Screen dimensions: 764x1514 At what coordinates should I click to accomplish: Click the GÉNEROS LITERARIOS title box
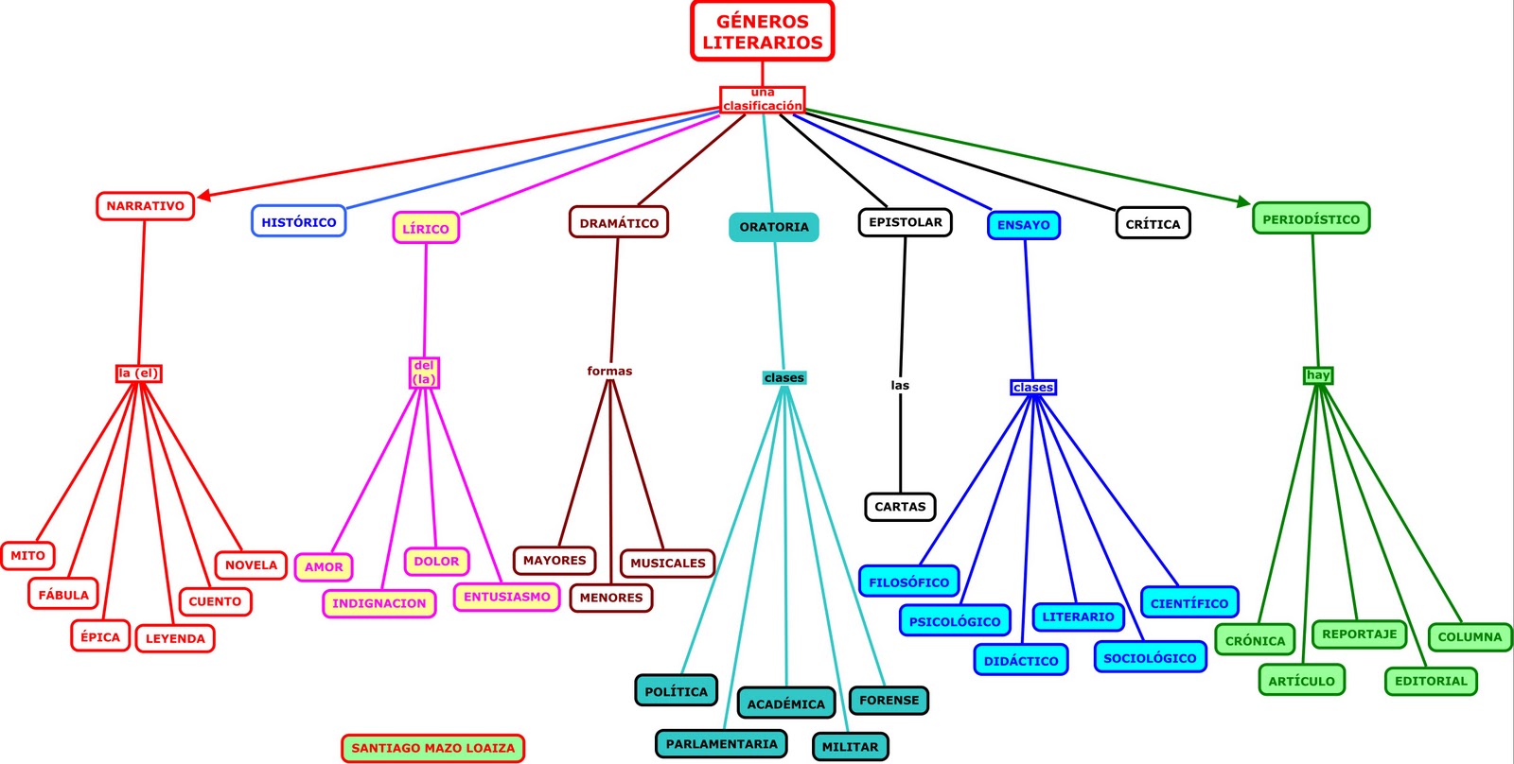(762, 31)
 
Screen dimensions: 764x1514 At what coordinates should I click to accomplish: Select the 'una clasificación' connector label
(762, 99)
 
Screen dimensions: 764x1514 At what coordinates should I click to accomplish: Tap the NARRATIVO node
(145, 206)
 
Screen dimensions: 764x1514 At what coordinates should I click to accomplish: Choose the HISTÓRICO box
(298, 222)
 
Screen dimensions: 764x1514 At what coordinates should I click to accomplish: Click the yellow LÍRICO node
(426, 228)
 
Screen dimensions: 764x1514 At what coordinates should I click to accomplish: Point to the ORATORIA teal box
(774, 227)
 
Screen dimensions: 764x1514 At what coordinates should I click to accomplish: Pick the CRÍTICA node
(1153, 224)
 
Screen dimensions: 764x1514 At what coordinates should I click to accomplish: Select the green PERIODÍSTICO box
(1311, 219)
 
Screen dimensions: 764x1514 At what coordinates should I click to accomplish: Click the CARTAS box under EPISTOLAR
(900, 507)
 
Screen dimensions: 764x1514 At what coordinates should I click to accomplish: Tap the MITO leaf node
(27, 556)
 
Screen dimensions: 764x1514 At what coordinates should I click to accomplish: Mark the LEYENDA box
(175, 638)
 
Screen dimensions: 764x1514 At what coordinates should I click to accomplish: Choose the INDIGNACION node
(378, 603)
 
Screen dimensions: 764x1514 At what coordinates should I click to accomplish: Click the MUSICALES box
(667, 563)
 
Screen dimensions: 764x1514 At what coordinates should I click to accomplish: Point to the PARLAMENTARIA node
(721, 744)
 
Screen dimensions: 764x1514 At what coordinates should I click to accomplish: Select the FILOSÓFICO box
(908, 582)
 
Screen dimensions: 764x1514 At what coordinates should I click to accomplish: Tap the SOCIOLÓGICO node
(1150, 657)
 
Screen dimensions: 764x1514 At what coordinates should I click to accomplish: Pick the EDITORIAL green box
(1431, 681)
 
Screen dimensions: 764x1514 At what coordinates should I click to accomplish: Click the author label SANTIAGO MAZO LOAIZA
(432, 748)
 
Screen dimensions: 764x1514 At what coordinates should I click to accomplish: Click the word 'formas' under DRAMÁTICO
(609, 371)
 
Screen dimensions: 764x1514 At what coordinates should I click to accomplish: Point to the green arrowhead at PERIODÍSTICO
(1243, 200)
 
